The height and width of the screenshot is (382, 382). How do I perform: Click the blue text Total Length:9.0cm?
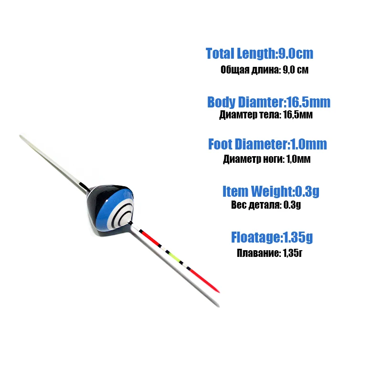pos(259,53)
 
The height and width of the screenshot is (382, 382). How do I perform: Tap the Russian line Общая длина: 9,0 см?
pos(265,70)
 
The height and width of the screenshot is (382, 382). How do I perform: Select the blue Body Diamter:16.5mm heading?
pos(269,102)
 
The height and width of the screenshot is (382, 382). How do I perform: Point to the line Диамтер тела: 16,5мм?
pos(266,115)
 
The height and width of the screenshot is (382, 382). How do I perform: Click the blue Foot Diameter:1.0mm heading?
pos(267,144)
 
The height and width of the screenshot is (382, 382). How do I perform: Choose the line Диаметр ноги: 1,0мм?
pos(267,159)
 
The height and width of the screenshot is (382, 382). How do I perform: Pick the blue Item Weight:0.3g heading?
pos(271,191)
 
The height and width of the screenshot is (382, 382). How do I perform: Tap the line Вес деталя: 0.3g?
pos(266,205)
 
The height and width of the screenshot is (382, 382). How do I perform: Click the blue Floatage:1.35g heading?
pos(272,237)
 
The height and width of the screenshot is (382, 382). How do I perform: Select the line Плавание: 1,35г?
pos(270,253)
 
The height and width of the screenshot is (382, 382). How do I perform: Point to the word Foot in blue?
pos(220,144)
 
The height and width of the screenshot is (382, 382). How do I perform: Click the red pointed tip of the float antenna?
pos(219,291)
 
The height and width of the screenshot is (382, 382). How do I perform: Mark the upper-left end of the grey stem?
pos(21,136)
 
